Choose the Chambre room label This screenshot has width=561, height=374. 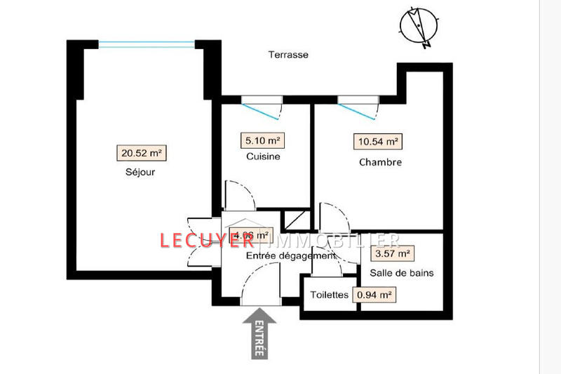[380, 163]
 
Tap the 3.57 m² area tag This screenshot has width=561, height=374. [392, 253]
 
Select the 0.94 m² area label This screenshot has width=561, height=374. [374, 295]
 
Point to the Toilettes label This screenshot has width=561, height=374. [329, 295]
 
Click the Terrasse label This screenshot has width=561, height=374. [289, 55]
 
